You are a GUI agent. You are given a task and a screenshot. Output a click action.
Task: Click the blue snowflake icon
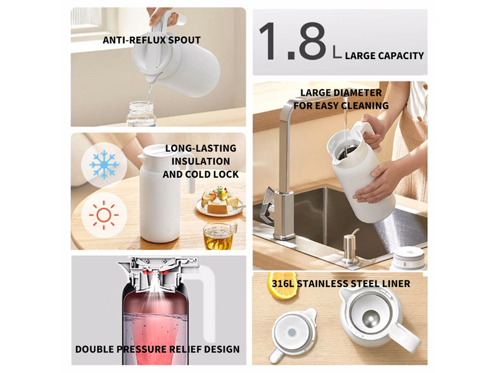[104, 165]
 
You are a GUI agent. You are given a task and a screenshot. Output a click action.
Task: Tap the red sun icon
[103, 215]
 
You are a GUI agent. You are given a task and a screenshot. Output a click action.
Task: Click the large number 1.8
[293, 41]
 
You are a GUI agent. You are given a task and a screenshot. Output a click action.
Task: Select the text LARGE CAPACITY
[384, 56]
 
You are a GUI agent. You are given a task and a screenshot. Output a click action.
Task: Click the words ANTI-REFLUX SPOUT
[151, 40]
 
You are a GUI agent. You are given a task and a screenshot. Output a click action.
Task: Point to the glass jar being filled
[141, 114]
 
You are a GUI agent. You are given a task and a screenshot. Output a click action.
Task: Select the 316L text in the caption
[283, 283]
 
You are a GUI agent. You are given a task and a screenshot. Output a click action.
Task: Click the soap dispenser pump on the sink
[350, 246]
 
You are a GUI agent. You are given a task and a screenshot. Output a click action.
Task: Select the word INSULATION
[200, 162]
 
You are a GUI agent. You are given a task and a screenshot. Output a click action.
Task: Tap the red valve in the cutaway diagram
[154, 273]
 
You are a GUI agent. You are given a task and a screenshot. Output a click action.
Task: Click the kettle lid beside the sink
[410, 258]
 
